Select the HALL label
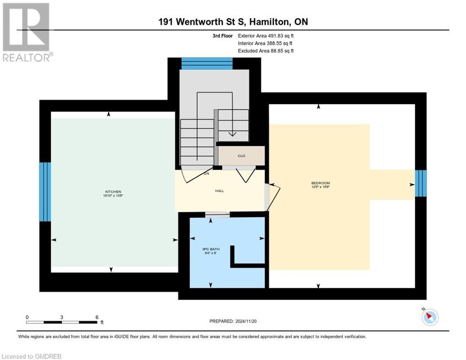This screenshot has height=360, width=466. pyautogui.click(x=220, y=191)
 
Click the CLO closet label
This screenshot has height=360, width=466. pyautogui.click(x=241, y=156)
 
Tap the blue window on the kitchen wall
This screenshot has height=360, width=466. pyautogui.click(x=45, y=191)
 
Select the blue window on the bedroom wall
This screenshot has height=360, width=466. pyautogui.click(x=421, y=183)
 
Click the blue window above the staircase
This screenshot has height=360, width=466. pyautogui.click(x=207, y=63)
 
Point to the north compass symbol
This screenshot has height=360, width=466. pyautogui.click(x=429, y=317)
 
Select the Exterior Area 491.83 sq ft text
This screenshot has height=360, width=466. pyautogui.click(x=266, y=36)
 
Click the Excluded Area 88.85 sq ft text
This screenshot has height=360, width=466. pyautogui.click(x=266, y=51)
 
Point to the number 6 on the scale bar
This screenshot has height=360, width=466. pyautogui.click(x=97, y=317)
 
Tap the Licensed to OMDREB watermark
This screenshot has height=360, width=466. pyautogui.click(x=31, y=356)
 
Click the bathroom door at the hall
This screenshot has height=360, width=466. pyautogui.click(x=217, y=215)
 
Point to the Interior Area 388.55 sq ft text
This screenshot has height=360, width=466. pyautogui.click(x=266, y=43)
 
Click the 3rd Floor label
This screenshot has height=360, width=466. pyautogui.click(x=222, y=36)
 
